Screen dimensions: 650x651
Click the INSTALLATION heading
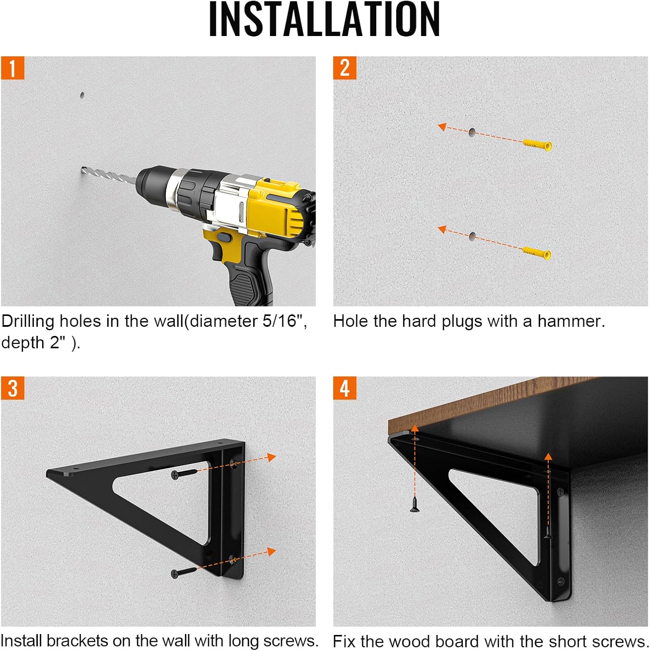pos(325,19)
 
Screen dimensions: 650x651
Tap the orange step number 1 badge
pos(13,68)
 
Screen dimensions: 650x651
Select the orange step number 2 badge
pos(345,68)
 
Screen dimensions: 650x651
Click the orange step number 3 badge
pos(13,388)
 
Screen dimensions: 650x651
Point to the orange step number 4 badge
pos(345,388)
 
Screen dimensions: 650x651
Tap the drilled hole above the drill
pos(82,95)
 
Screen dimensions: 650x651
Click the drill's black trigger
pos(224,238)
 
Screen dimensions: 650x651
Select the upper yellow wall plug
pos(537,144)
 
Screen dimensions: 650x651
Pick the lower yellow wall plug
pos(537,252)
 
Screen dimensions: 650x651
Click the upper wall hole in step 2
pos(472,132)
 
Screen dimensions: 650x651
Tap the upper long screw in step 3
pos(184,473)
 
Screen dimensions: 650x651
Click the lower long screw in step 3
pos(184,572)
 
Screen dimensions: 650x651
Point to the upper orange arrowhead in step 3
pos(272,457)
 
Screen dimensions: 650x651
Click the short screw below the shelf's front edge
pos(415,504)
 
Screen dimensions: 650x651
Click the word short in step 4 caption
pos(568,641)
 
